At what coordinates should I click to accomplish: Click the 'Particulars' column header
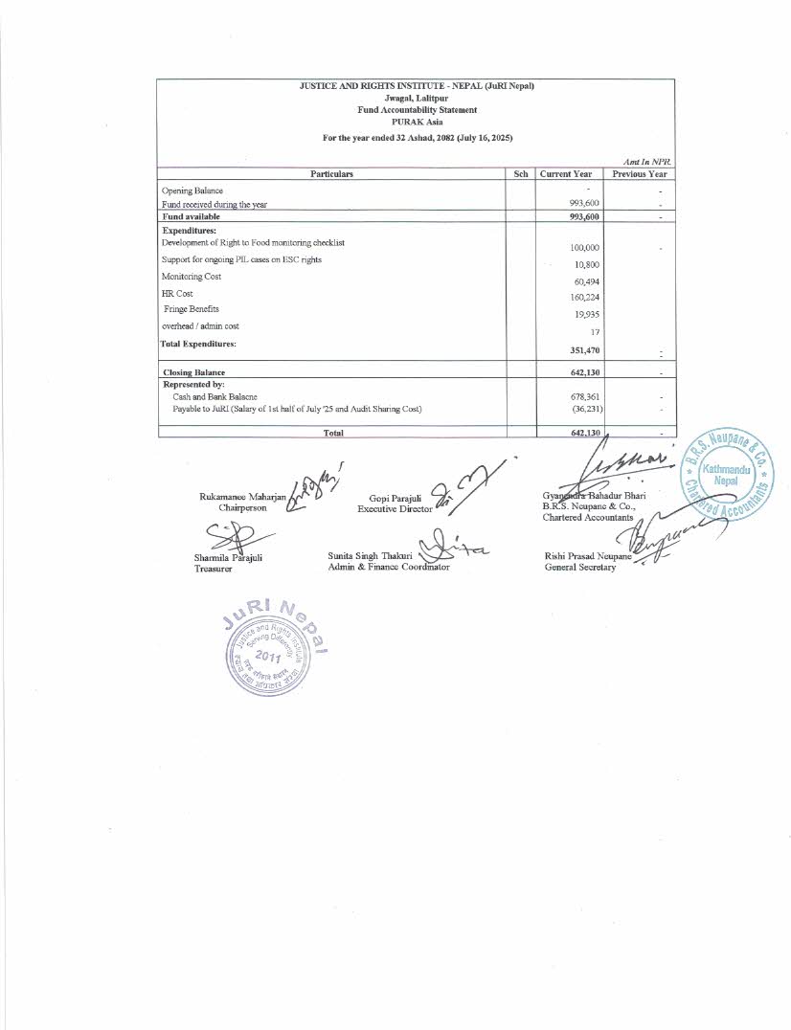331,174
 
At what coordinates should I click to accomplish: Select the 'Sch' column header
521,174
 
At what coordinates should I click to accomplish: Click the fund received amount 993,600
584,203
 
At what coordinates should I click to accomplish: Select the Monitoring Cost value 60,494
586,281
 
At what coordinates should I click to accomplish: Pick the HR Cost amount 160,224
584,298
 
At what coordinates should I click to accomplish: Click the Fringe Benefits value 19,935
586,314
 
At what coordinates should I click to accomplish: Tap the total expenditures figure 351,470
584,350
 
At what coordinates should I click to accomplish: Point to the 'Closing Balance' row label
198,371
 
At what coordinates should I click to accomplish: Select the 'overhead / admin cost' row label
200,325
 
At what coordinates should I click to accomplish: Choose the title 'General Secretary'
579,567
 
